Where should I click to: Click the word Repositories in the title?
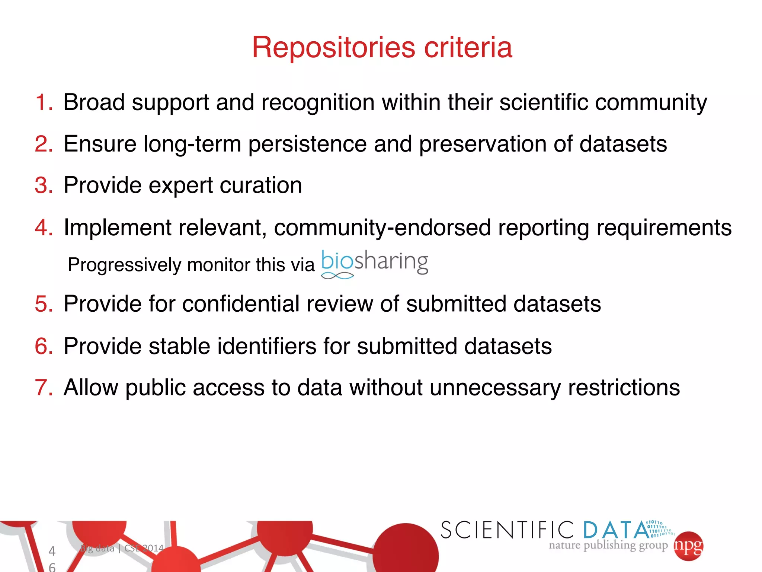click(333, 48)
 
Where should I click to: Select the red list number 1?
click(44, 102)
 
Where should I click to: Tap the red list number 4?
click(44, 228)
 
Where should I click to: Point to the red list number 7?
click(44, 388)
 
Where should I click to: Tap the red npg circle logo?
click(688, 546)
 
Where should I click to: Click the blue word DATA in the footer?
click(616, 530)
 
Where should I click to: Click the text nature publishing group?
click(608, 546)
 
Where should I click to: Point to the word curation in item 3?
click(260, 185)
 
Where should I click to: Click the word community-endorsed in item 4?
click(382, 228)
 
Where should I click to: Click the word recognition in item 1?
click(318, 102)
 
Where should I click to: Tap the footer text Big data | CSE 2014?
click(122, 548)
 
